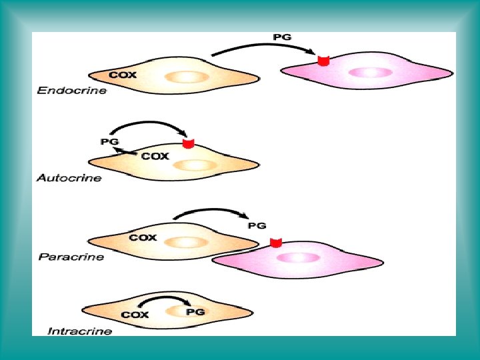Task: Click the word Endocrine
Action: (x=71, y=91)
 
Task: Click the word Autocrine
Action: (x=69, y=178)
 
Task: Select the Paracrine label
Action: (x=71, y=257)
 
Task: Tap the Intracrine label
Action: (x=80, y=331)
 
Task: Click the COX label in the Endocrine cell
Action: (x=123, y=75)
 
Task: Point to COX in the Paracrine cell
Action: (x=143, y=237)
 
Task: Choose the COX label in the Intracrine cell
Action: (x=135, y=314)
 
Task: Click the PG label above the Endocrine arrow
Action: (x=282, y=37)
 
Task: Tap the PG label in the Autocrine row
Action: (x=109, y=141)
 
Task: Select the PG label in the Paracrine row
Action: (x=257, y=225)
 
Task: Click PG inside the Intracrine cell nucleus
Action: (x=195, y=311)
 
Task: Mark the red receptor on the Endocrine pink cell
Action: (x=323, y=61)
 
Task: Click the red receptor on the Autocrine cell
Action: (x=188, y=143)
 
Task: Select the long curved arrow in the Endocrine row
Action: (x=263, y=47)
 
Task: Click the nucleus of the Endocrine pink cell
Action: (x=365, y=72)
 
